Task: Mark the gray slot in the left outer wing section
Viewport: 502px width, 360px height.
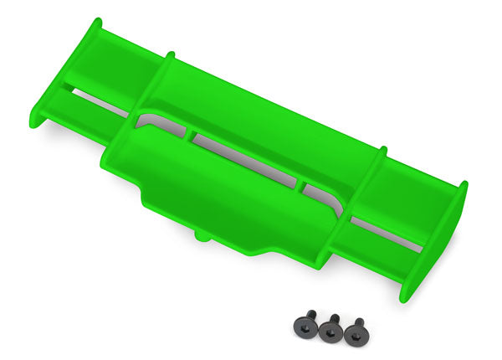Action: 96,99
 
